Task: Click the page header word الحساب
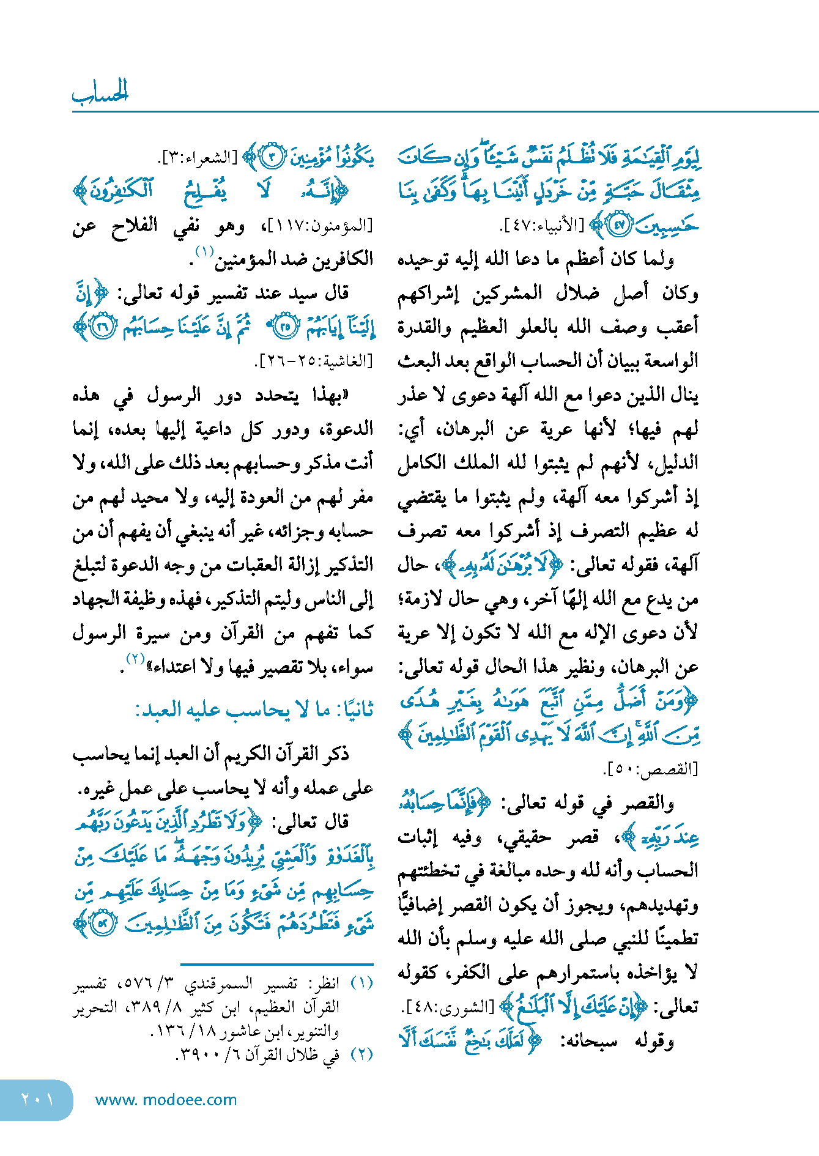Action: click(x=100, y=92)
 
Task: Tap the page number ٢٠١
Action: click(x=37, y=1100)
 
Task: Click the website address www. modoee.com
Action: click(x=166, y=1100)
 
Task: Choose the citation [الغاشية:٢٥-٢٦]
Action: click(x=313, y=361)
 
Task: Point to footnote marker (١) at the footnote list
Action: click(x=361, y=983)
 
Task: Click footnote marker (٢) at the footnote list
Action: click(x=361, y=1054)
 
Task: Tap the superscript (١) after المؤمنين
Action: click(x=204, y=251)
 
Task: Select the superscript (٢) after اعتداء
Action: click(x=135, y=658)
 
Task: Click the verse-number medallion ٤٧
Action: click(x=620, y=225)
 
